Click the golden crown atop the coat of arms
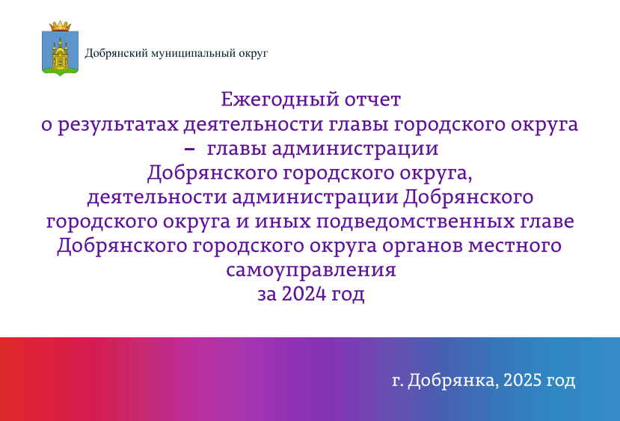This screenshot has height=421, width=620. point(60,26)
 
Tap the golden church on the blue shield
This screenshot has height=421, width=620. point(60,54)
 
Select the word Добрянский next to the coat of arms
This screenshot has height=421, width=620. point(117,52)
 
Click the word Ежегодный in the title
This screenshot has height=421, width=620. point(280,100)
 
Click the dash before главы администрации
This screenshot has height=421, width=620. point(190,149)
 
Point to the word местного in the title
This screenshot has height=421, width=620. point(515,246)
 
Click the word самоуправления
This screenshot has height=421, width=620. point(311,271)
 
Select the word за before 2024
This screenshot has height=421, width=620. point(266,295)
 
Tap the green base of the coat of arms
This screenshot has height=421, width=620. point(60,71)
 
